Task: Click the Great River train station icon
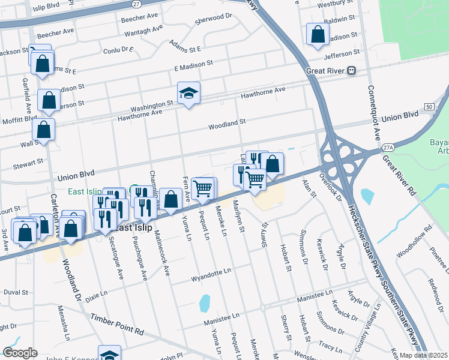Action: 352,70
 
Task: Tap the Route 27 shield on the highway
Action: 136,4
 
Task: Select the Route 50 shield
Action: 429,106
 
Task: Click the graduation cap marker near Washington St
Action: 188,94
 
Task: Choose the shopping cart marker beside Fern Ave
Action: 203,189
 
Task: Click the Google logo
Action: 20,353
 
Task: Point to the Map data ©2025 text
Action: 423,355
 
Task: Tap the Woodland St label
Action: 227,124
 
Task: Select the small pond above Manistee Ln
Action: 205,302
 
